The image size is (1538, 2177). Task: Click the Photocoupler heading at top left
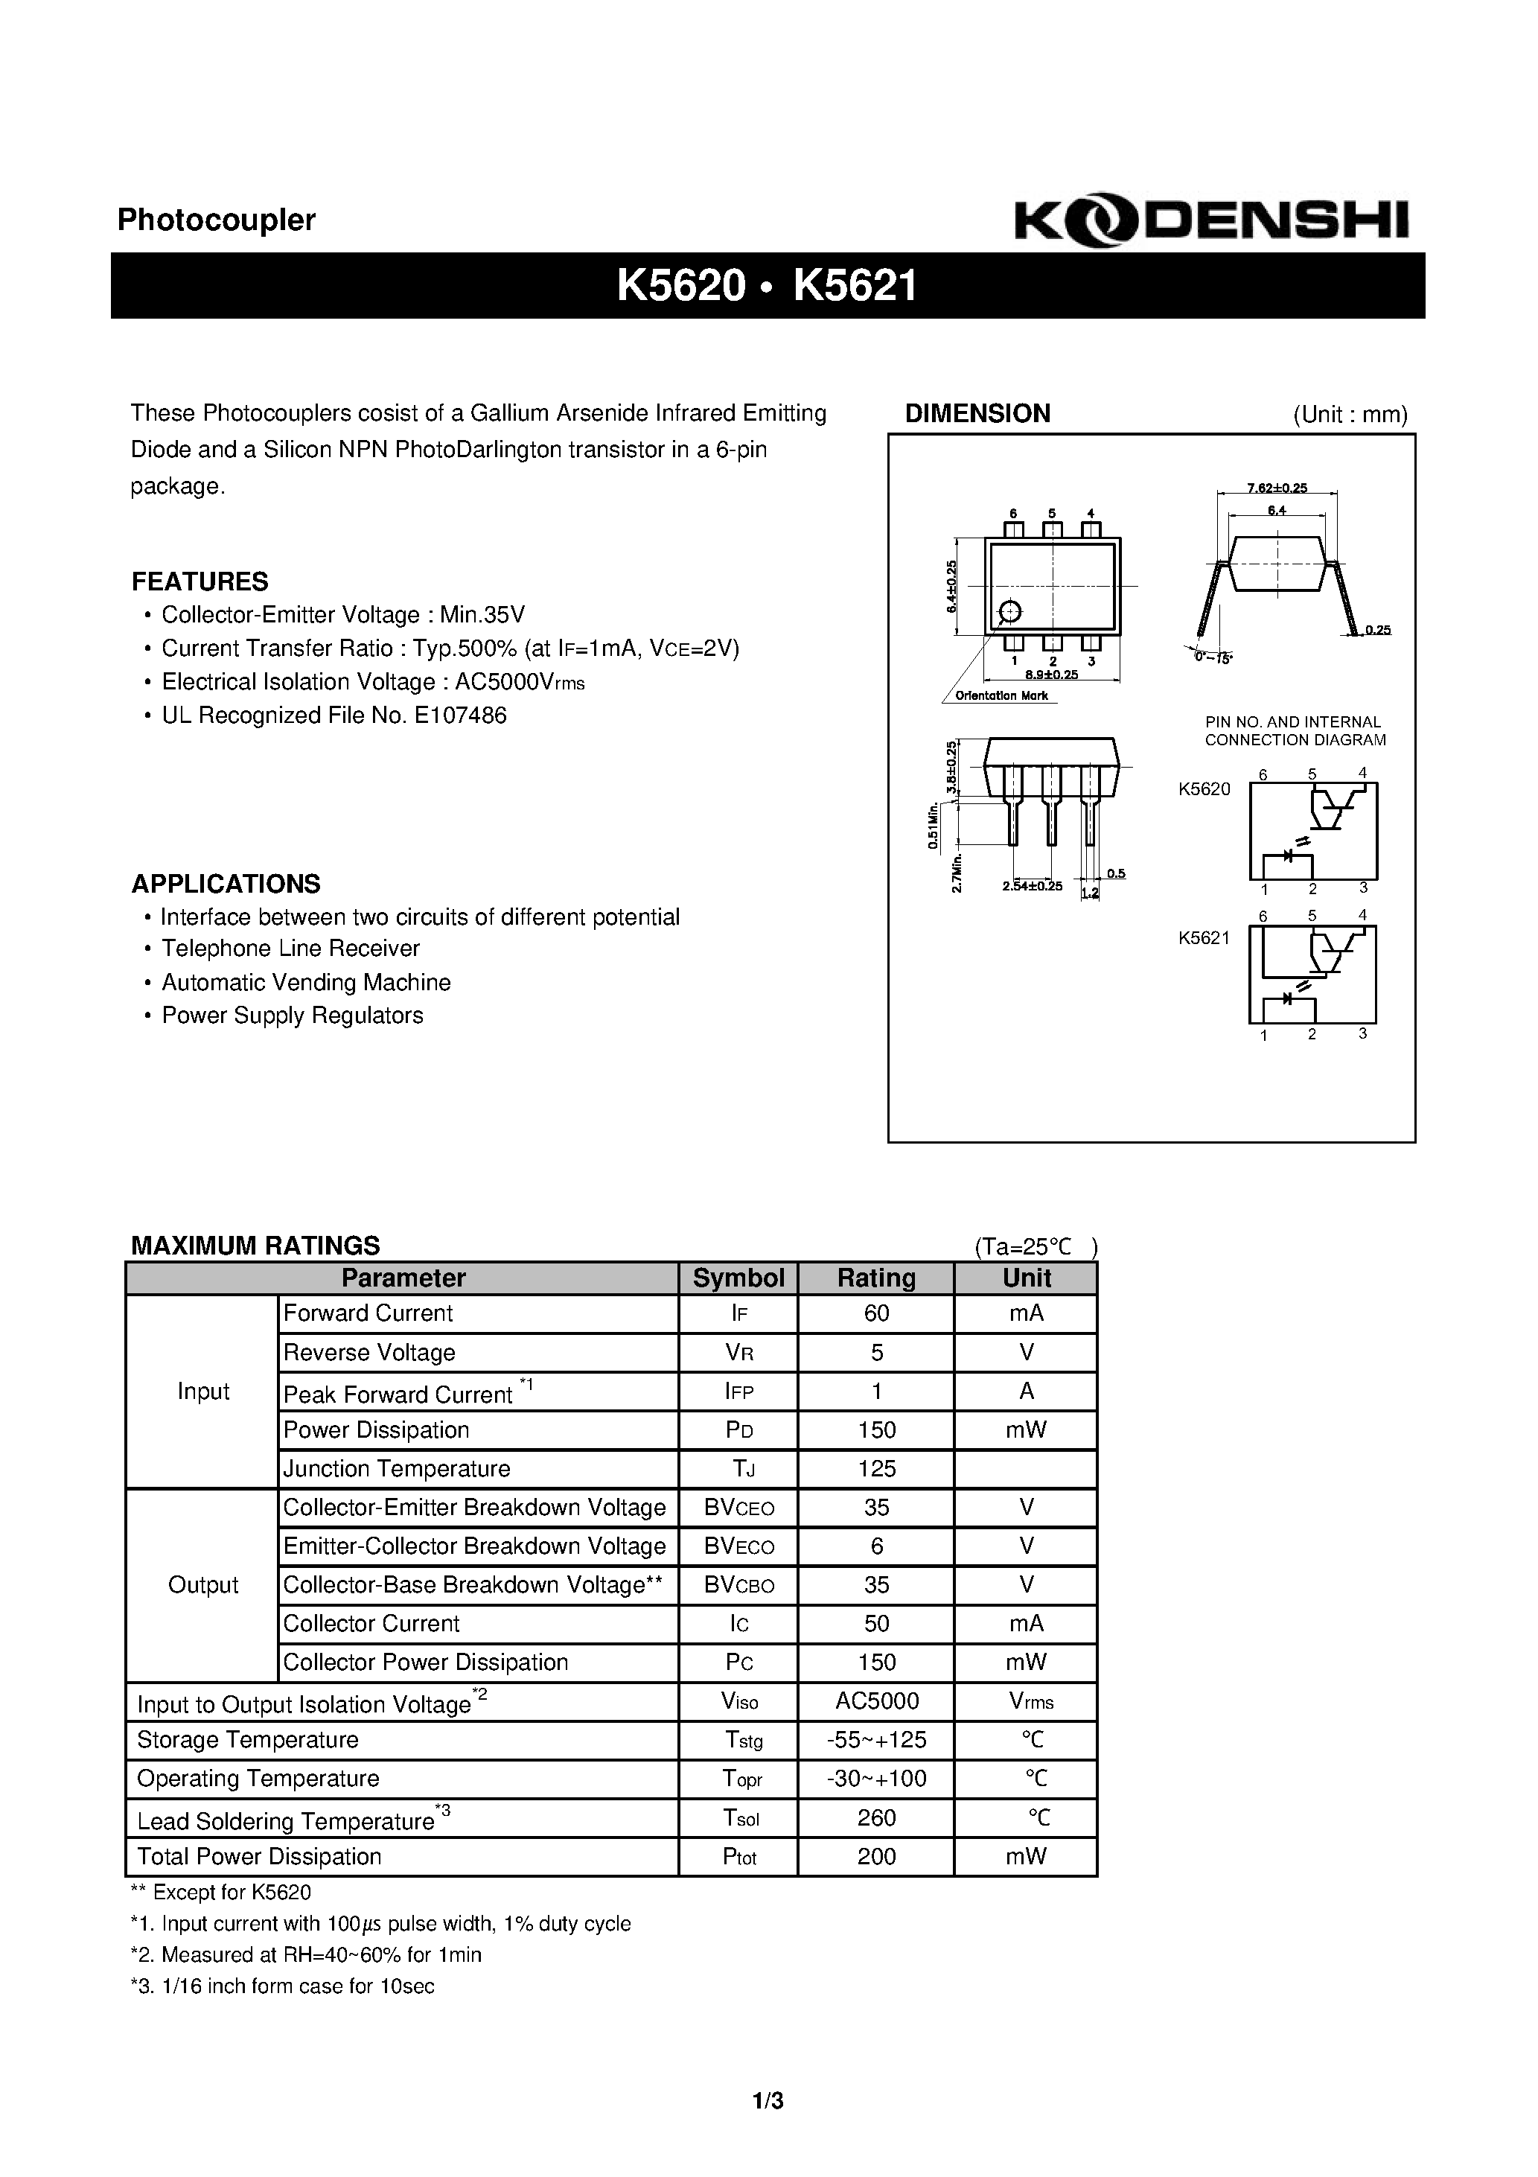click(216, 220)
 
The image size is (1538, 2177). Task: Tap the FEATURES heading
click(200, 581)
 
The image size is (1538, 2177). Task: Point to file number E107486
click(460, 716)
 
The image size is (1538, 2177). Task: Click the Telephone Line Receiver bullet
click(290, 949)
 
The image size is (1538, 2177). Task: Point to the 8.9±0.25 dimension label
click(1052, 675)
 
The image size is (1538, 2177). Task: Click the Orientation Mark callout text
click(1001, 696)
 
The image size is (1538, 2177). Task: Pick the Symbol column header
click(738, 1278)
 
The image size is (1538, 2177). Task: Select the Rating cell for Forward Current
click(876, 1313)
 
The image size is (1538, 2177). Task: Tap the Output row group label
click(203, 1584)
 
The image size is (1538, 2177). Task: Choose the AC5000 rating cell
click(876, 1701)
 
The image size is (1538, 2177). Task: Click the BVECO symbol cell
click(738, 1546)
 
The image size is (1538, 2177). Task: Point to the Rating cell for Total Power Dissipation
click(876, 1857)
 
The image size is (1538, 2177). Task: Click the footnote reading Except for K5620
click(221, 1893)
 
